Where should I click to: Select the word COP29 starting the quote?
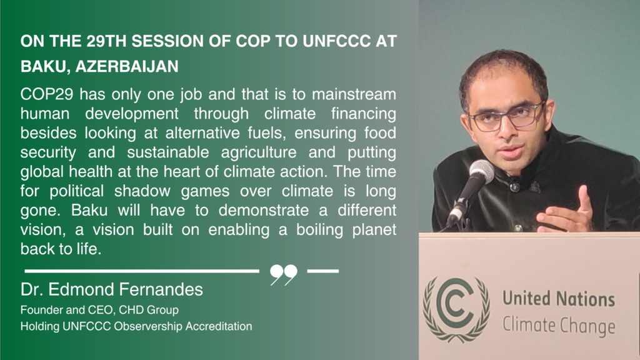click(x=47, y=94)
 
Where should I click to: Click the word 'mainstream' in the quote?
click(x=354, y=94)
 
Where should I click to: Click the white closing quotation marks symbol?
click(x=284, y=275)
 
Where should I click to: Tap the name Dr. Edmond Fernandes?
click(x=111, y=289)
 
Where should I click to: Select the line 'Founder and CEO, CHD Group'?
click(x=99, y=310)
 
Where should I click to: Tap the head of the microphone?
click(x=481, y=170)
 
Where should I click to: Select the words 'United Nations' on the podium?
click(x=558, y=298)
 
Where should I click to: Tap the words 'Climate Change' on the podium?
click(x=559, y=325)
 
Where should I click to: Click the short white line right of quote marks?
click(x=323, y=271)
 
